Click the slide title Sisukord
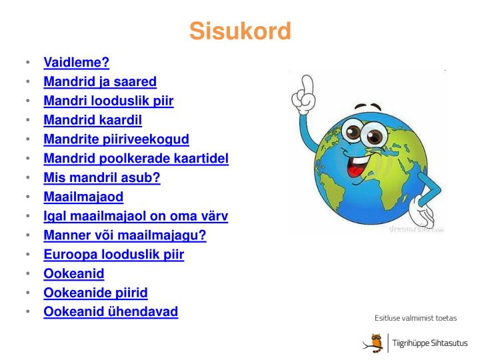(240, 31)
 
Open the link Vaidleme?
(76, 63)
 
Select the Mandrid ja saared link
(100, 82)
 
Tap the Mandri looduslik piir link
(108, 101)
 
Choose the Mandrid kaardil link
(93, 121)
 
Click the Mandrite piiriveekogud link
(116, 139)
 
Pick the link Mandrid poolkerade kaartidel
(136, 159)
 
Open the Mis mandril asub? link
(102, 178)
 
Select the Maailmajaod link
(83, 197)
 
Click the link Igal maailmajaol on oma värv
(136, 217)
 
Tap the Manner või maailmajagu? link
(125, 236)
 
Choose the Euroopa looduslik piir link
(113, 255)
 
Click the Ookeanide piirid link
(95, 293)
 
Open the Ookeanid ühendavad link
(111, 312)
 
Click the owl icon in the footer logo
(375, 341)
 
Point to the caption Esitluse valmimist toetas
(415, 319)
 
